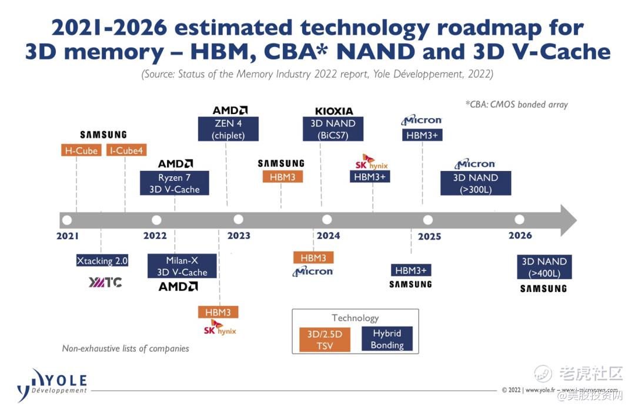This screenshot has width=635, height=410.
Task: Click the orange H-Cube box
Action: (x=81, y=150)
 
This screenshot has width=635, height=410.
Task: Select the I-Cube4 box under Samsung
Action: (x=126, y=150)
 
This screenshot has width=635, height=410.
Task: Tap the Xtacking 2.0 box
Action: (x=102, y=261)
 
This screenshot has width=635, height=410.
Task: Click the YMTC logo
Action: (x=105, y=283)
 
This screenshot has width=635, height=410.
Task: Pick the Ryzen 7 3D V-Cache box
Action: (x=174, y=183)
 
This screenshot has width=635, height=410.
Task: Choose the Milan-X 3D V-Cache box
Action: (x=182, y=266)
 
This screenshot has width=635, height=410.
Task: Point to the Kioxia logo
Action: (x=334, y=111)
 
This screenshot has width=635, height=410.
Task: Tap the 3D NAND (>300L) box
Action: (x=475, y=183)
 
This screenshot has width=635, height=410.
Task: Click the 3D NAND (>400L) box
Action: (x=544, y=267)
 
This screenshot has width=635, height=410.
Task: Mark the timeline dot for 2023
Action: (x=238, y=220)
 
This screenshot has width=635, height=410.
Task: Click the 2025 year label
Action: (x=429, y=237)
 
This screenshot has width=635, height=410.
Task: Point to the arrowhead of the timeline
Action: (x=568, y=220)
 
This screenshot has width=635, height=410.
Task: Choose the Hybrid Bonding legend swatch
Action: (x=386, y=339)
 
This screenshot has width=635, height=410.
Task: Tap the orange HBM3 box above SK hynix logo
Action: (x=218, y=312)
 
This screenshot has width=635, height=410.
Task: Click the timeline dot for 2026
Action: (x=519, y=220)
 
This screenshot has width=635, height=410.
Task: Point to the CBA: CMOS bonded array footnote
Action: (x=516, y=105)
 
